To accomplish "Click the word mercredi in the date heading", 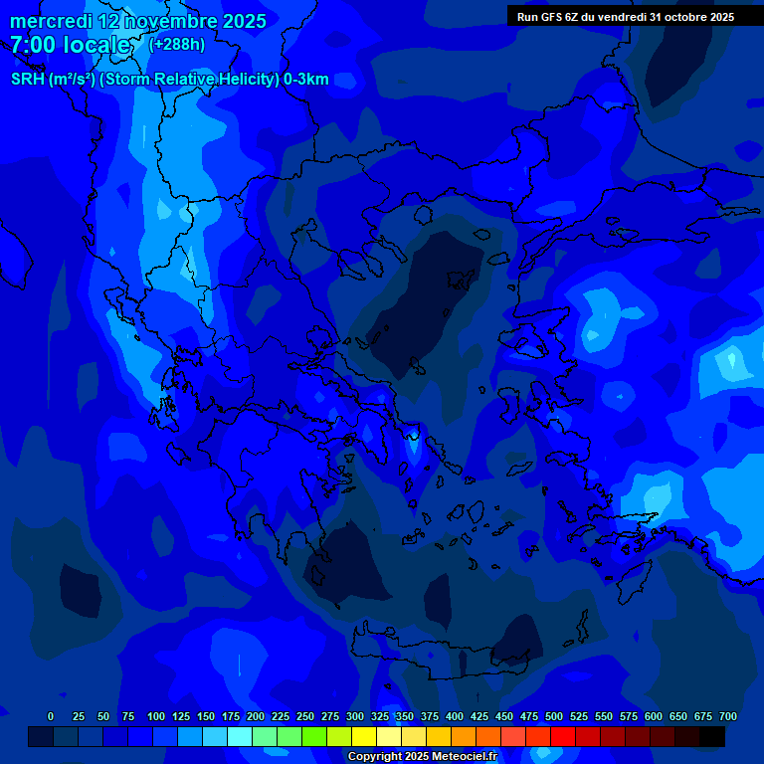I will point(51,21).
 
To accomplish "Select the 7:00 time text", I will point(34,45).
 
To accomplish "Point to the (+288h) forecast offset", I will point(176,44).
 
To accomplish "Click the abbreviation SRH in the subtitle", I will point(27,80).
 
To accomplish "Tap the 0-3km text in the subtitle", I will point(306,80).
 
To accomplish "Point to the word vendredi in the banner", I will point(622,17).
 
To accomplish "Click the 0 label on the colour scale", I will point(51,716).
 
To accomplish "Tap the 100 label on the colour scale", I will point(156,716).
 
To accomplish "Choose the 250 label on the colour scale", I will point(305,716).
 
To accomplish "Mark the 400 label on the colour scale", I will point(455,716).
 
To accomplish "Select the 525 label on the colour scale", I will point(579,716).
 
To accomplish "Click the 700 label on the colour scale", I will point(728,716).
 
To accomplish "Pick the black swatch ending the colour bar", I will point(712,736).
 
